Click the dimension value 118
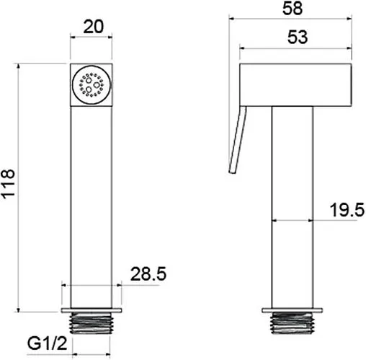(x=9, y=184)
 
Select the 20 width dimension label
(x=94, y=27)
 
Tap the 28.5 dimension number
(x=148, y=273)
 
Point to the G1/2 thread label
(x=47, y=343)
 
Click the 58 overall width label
(x=293, y=9)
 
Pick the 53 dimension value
(x=298, y=37)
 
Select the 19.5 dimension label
(x=347, y=210)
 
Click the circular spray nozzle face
(x=91, y=84)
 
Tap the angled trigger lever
(x=237, y=140)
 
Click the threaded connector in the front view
(x=91, y=323)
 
